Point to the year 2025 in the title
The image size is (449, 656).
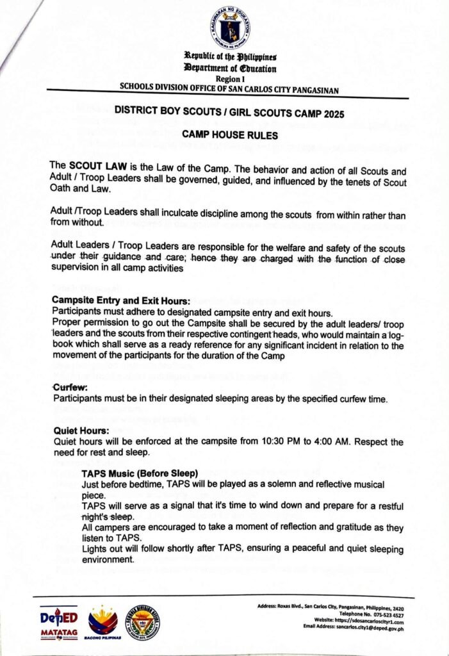(x=331, y=114)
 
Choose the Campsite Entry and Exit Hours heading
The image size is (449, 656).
(x=120, y=300)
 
